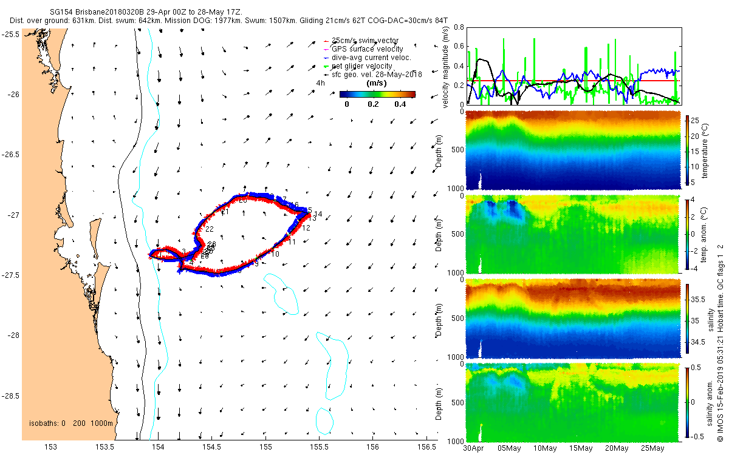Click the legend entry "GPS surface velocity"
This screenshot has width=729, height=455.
point(368,49)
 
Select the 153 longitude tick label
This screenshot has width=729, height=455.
point(50,447)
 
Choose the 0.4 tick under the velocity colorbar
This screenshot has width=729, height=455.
point(400,104)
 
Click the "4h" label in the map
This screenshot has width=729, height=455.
point(320,83)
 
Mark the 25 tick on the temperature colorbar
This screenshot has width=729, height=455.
point(696,121)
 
